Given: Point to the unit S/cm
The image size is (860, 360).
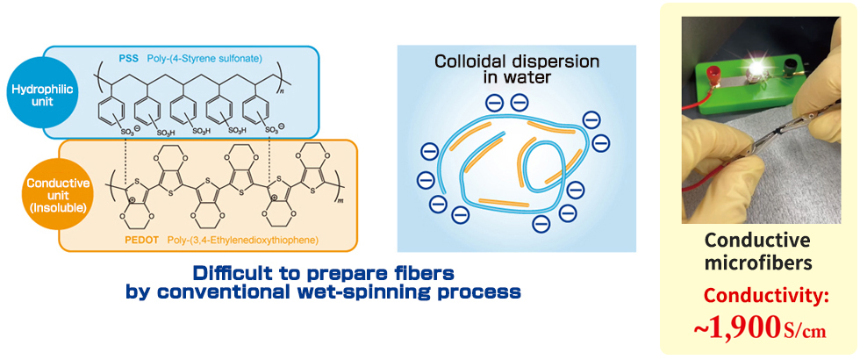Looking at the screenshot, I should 805,331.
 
